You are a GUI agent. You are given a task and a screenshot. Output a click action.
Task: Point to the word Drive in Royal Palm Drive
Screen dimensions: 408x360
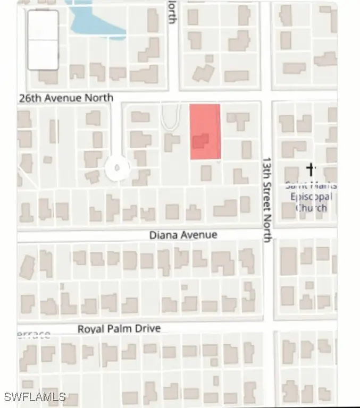147,329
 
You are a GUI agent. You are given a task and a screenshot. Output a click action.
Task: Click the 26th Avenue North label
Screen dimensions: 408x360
66,98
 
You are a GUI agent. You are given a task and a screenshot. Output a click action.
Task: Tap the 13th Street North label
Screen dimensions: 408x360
267,199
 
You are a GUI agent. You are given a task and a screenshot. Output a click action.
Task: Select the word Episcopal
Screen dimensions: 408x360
311,197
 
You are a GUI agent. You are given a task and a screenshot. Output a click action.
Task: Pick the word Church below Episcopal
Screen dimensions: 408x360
311,207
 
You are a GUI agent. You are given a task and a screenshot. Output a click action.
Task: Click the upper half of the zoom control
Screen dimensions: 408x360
43,25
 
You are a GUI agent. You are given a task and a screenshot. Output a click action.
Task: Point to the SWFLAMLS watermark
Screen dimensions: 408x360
35,397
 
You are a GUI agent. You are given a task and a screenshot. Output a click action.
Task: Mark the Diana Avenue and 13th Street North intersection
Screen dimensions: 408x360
267,234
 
